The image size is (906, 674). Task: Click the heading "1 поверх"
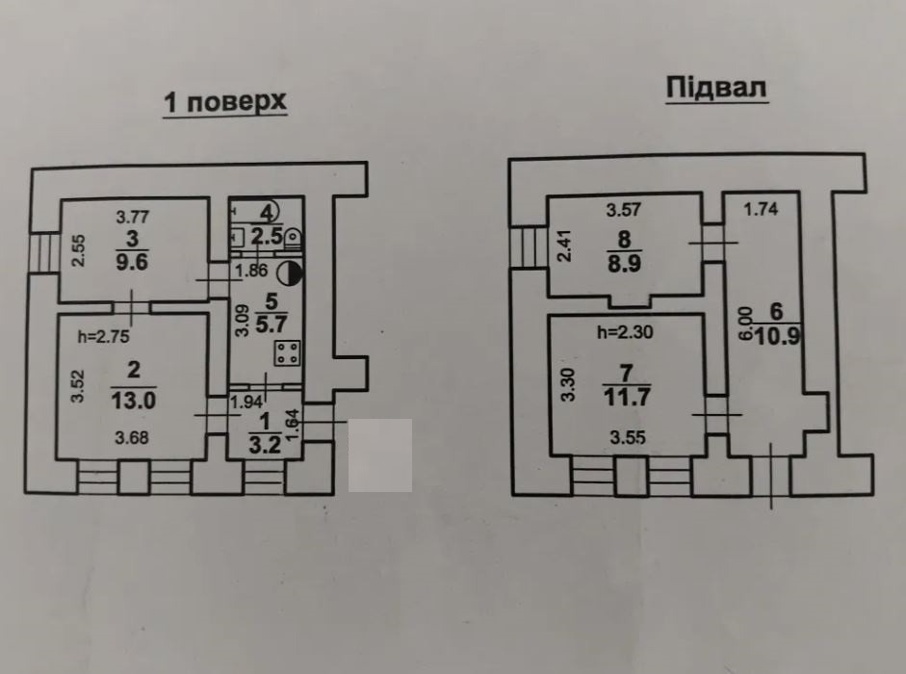pos(225,102)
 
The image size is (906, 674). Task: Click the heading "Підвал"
pos(716,88)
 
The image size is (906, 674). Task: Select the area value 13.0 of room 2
pos(134,400)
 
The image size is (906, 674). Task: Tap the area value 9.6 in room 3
pos(132,261)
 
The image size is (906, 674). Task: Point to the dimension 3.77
pos(132,217)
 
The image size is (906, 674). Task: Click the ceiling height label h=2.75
pos(103,336)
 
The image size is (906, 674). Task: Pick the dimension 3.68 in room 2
pos(132,437)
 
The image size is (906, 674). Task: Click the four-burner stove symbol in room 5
pos(287,353)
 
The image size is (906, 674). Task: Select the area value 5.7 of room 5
pos(271,324)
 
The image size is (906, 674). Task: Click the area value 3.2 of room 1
pos(265,445)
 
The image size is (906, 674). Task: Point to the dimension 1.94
pos(246,402)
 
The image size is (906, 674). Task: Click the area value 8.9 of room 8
pos(624,264)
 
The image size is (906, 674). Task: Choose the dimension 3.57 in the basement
pos(624,209)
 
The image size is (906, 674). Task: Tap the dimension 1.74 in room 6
pos(761,209)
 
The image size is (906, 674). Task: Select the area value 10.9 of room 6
pos(777,336)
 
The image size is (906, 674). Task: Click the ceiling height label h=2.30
pos(625,332)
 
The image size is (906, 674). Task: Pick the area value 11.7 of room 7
pos(627,397)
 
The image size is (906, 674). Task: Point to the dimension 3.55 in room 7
pos(627,437)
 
